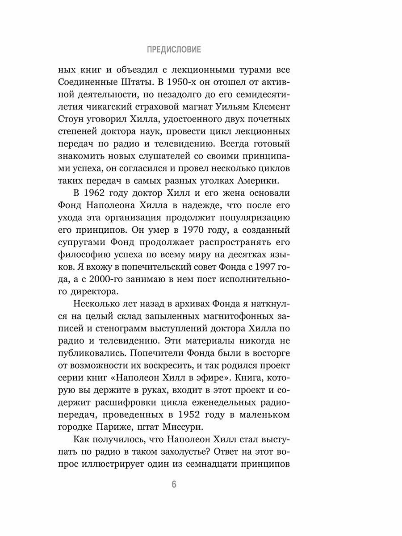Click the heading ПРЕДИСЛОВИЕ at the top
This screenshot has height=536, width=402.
coord(174,50)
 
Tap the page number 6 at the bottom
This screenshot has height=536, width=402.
coord(174,485)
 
